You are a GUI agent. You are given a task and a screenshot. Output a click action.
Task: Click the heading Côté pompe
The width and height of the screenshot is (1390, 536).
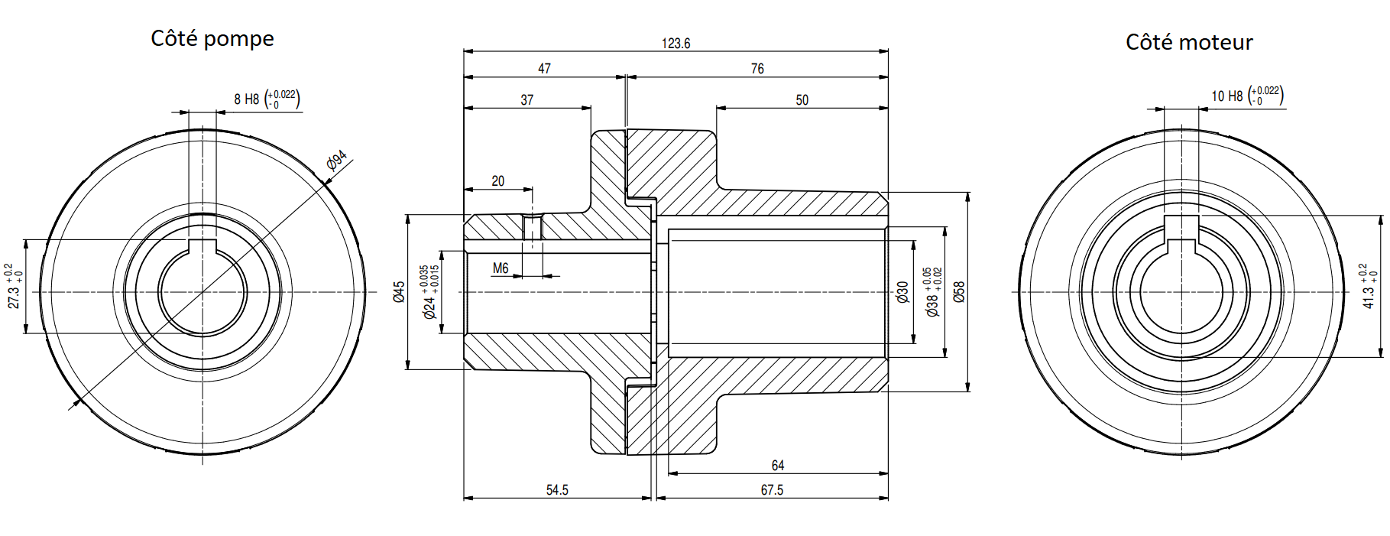(212, 38)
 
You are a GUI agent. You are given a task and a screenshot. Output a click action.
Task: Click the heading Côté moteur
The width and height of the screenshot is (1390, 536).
(1189, 42)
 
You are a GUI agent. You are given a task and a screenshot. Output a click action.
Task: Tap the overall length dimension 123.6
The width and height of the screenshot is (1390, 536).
(676, 44)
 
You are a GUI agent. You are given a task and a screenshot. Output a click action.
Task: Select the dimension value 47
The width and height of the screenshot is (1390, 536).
(544, 69)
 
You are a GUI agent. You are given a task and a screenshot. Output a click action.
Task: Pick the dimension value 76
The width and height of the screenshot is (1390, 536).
(757, 69)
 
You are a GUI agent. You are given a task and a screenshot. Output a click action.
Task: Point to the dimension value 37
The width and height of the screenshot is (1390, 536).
(527, 100)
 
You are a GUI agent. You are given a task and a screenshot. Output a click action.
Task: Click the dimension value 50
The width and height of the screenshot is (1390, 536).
(802, 100)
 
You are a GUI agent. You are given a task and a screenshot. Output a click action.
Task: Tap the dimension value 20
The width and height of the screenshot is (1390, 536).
(498, 181)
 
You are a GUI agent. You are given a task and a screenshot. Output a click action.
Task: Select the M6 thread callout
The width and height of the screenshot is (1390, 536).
(501, 268)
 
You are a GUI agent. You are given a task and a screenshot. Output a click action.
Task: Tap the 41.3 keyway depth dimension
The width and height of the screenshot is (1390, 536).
(1369, 286)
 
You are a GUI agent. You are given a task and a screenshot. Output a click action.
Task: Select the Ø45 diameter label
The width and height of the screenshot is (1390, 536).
(399, 292)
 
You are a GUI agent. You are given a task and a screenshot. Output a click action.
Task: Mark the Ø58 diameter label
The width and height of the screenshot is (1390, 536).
(960, 292)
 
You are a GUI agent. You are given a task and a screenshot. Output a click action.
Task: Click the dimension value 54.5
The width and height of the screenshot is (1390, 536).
(557, 490)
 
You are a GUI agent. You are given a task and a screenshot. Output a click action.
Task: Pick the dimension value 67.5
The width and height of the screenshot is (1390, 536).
(772, 490)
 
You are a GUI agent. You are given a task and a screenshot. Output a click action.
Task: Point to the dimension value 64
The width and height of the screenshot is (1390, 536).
(778, 466)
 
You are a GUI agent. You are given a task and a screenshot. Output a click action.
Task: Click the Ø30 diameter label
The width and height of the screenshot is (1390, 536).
(902, 292)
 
